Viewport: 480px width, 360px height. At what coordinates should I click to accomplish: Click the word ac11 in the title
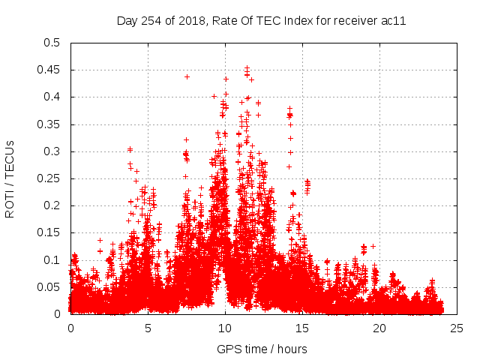pyautogui.click(x=394, y=21)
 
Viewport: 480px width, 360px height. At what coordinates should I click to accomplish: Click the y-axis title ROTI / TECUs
pyautogui.click(x=10, y=178)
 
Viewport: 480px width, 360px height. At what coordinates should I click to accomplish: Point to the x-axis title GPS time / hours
pyautogui.click(x=262, y=349)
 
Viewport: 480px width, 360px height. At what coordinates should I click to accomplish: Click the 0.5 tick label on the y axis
pyautogui.click(x=52, y=43)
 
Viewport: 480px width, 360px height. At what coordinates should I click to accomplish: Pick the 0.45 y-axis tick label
pyautogui.click(x=49, y=70)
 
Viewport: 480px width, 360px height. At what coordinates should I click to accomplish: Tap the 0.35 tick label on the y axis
pyautogui.click(x=49, y=124)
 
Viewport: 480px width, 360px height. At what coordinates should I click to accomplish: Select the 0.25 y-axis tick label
pyautogui.click(x=49, y=178)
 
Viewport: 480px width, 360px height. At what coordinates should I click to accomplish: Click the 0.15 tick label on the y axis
pyautogui.click(x=49, y=232)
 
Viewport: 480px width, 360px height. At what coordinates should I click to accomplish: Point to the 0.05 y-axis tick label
pyautogui.click(x=49, y=287)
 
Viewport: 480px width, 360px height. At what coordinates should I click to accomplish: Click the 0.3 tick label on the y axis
pyautogui.click(x=52, y=151)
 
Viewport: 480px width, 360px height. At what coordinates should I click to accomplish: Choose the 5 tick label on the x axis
pyautogui.click(x=148, y=328)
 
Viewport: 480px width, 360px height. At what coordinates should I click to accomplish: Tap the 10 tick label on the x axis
pyautogui.click(x=225, y=328)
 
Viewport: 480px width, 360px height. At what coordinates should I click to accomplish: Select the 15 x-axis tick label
pyautogui.click(x=302, y=328)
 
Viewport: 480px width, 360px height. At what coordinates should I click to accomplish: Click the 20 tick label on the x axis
pyautogui.click(x=379, y=328)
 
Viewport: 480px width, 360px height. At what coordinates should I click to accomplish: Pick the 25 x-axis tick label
pyautogui.click(x=457, y=328)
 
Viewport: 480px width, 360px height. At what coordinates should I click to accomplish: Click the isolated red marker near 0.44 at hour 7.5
pyautogui.click(x=187, y=76)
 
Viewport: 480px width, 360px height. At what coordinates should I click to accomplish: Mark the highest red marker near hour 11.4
pyautogui.click(x=247, y=67)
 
